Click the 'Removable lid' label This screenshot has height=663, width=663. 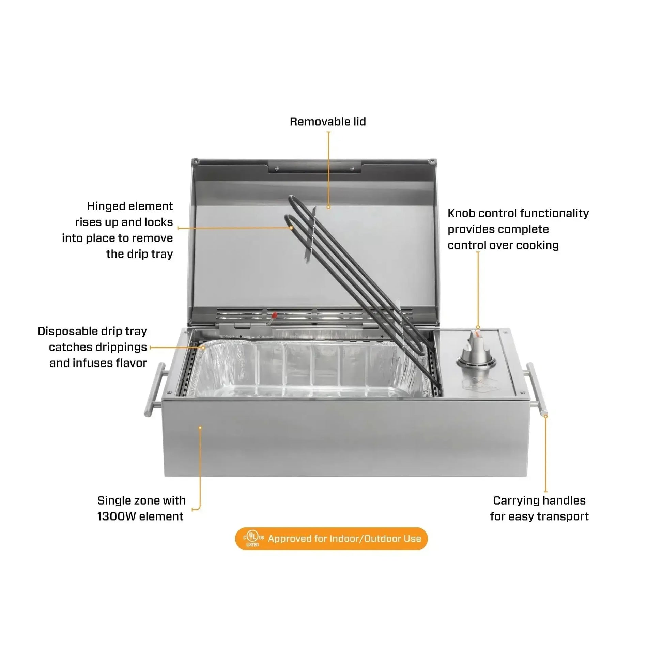click(x=328, y=122)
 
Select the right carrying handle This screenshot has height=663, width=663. click(x=536, y=389)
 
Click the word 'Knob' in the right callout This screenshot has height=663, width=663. click(x=461, y=214)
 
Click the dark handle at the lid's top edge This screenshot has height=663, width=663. click(x=315, y=168)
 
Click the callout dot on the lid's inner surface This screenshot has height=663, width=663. click(x=328, y=207)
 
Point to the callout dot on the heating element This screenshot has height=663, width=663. click(x=291, y=228)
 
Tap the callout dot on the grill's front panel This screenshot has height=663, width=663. click(x=200, y=428)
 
